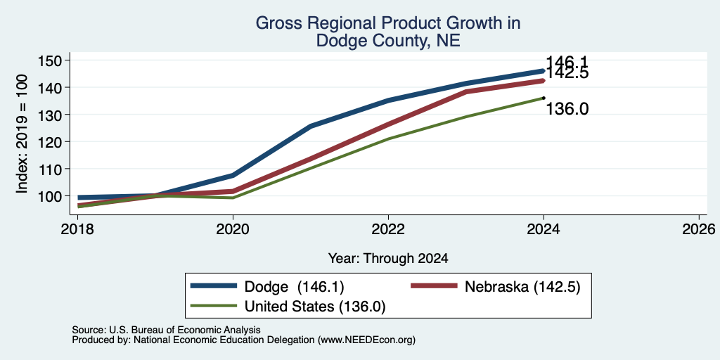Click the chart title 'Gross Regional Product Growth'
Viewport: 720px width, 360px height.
[387, 23]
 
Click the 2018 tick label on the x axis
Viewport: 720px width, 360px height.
[77, 229]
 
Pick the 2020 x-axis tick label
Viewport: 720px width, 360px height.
[233, 229]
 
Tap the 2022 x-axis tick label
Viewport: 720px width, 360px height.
[388, 229]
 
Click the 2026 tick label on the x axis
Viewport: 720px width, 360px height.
[699, 229]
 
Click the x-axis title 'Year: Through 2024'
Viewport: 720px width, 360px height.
[388, 259]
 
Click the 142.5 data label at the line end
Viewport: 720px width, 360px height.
[567, 73]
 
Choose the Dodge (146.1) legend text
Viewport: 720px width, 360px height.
[295, 287]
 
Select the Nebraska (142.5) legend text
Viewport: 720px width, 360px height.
[522, 287]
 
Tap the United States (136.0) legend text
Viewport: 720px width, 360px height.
[315, 307]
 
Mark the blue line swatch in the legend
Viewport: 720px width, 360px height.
[214, 286]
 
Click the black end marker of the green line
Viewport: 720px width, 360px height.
[544, 97]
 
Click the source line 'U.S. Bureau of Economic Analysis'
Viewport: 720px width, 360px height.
[185, 330]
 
